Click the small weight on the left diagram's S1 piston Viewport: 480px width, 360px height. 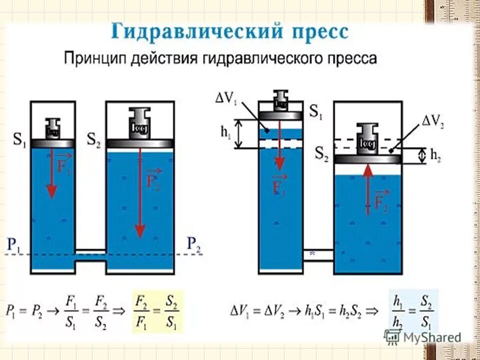52,129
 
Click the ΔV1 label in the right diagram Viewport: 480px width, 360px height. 226,97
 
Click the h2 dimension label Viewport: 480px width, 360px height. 437,156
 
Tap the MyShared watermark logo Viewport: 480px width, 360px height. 422,336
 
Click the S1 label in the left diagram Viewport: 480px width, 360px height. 20,139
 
